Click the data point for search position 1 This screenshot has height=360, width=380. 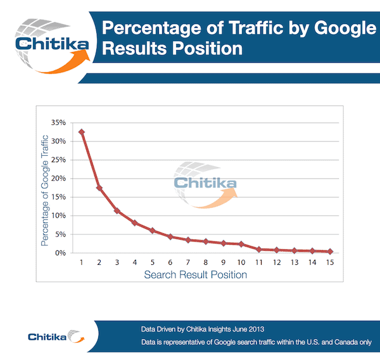[x=82, y=132]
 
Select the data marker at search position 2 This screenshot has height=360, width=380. [x=99, y=188]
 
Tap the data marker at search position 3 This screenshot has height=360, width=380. [x=117, y=210]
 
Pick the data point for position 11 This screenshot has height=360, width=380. [x=259, y=249]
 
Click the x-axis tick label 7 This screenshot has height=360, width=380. [x=188, y=262]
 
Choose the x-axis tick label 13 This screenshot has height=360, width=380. [x=294, y=262]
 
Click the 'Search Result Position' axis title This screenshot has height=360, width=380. [x=195, y=275]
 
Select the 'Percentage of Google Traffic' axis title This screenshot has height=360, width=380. [x=46, y=188]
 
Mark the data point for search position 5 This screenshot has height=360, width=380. [x=153, y=230]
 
